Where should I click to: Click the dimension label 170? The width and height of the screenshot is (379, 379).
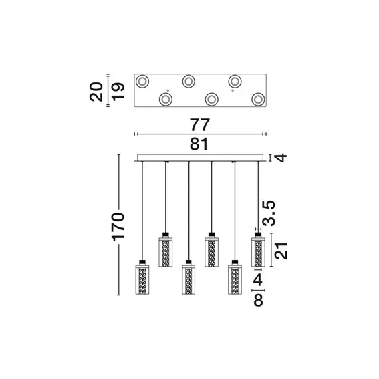[118, 227]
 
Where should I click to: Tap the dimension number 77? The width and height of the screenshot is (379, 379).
[200, 125]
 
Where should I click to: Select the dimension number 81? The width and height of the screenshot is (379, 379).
[199, 144]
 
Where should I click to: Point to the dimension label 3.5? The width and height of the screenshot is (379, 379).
[269, 213]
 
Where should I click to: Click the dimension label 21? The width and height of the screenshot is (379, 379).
[282, 251]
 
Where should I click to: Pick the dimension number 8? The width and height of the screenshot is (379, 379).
[258, 300]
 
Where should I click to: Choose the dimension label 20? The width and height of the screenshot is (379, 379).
[96, 92]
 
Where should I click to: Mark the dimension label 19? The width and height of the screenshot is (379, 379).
[118, 92]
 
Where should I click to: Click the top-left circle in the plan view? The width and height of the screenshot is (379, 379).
[142, 81]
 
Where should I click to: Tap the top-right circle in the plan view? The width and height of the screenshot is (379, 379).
[235, 81]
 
